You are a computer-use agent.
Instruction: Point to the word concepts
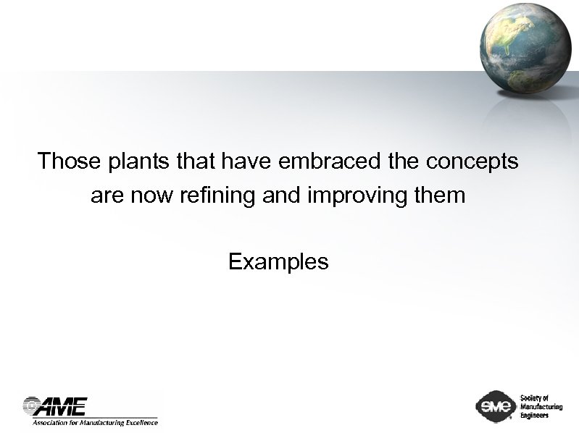pos(472,161)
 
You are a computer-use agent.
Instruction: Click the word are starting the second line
pos(106,196)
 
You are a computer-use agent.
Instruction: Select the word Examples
pos(278,261)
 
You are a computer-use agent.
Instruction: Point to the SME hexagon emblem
pos(495,405)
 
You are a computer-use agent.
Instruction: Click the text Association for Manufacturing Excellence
pos(94,421)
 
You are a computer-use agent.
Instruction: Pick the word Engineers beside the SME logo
pos(536,415)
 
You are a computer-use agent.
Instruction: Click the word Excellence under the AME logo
pos(139,421)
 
